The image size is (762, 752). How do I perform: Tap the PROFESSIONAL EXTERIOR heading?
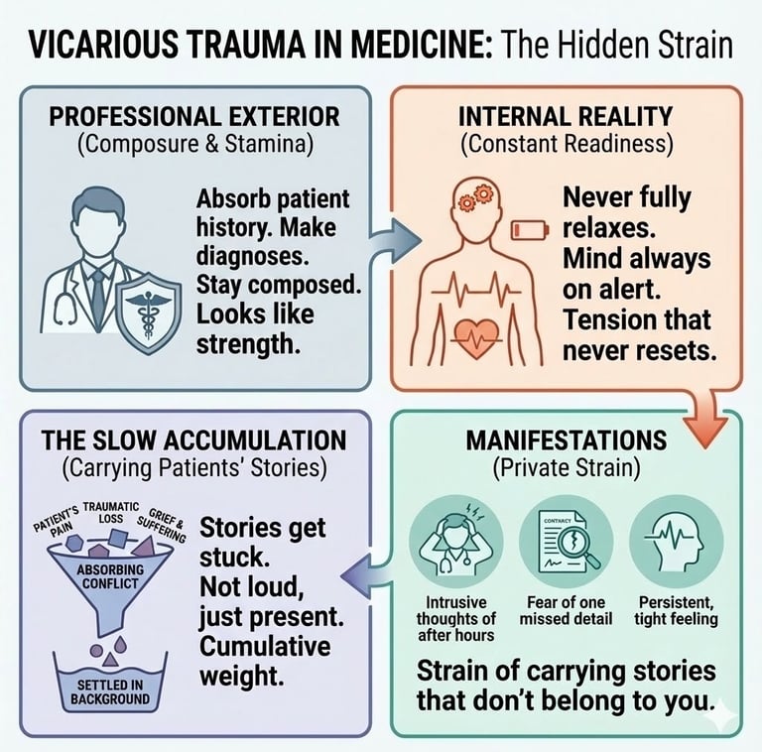194,116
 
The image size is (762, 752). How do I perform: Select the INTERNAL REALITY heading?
566,116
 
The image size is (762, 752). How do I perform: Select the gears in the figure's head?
468,198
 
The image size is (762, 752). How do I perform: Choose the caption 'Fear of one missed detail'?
564,610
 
